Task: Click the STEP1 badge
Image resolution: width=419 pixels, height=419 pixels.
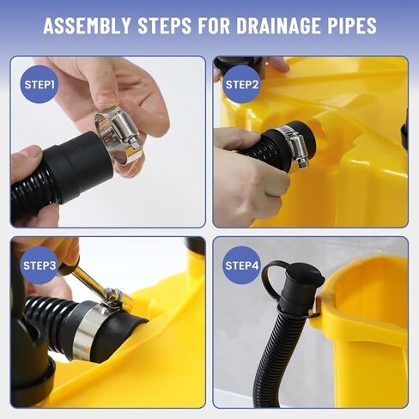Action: [x=39, y=84]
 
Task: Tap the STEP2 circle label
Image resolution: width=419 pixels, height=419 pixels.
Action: [x=242, y=84]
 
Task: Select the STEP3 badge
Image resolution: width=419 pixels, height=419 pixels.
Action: [x=39, y=265]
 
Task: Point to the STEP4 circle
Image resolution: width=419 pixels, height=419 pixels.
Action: [x=242, y=265]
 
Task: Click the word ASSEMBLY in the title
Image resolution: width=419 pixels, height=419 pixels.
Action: [x=88, y=26]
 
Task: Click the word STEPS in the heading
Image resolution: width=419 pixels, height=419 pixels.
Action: [x=165, y=26]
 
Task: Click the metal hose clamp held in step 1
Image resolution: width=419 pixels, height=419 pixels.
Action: [x=118, y=135]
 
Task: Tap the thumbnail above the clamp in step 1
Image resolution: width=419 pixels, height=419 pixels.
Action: [x=106, y=98]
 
